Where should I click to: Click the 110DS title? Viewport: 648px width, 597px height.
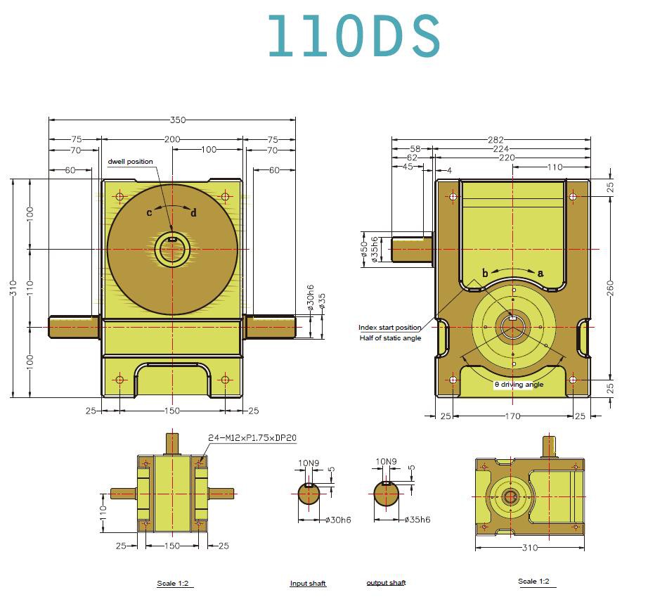[354, 36]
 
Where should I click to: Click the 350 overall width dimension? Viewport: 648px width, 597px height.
[178, 120]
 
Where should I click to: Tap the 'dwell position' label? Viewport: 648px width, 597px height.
[130, 162]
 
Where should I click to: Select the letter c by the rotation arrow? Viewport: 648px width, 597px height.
[149, 212]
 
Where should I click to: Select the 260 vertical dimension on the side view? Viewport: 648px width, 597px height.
[611, 287]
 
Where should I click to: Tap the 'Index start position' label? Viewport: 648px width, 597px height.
[390, 328]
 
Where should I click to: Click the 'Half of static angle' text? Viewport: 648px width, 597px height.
[390, 339]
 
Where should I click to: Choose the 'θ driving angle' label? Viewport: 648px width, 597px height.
[519, 385]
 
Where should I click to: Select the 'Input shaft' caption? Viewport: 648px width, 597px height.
[308, 584]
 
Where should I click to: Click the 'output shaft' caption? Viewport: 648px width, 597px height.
[386, 583]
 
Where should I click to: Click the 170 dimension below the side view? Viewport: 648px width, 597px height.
[512, 416]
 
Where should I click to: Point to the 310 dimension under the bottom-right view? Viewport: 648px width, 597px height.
[530, 547]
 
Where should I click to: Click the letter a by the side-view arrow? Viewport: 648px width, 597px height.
[540, 273]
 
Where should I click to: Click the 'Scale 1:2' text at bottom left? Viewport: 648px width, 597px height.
[174, 584]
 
